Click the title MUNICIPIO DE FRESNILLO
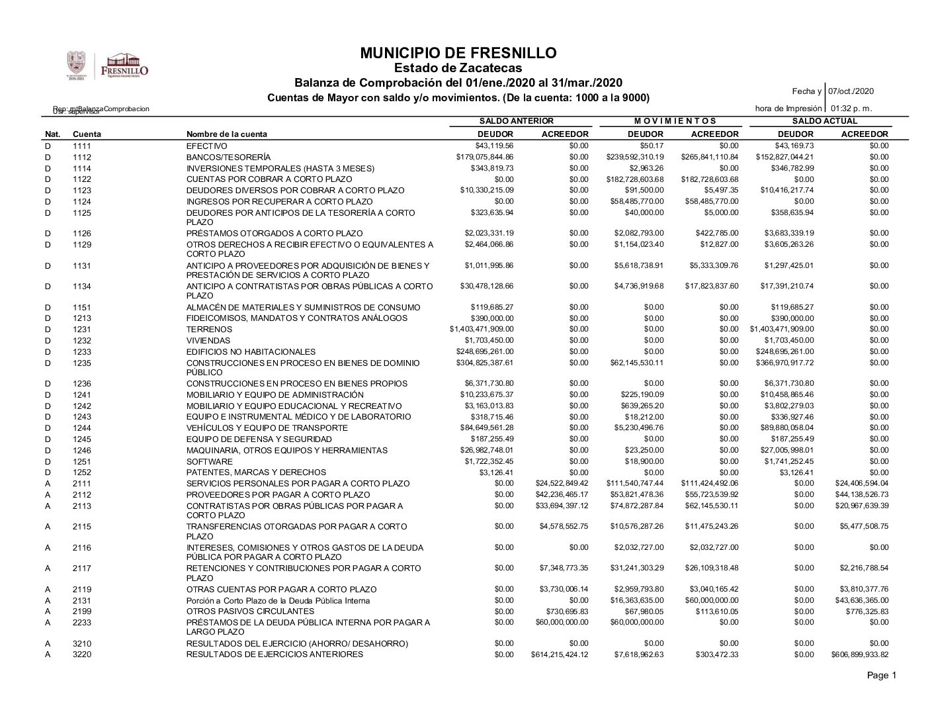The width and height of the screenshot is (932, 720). [x=458, y=53]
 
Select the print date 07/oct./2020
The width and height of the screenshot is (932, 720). [x=852, y=91]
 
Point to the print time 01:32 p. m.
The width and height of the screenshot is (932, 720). [x=852, y=108]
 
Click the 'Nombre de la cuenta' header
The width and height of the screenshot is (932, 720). [x=227, y=134]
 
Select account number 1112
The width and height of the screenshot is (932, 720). [x=82, y=157]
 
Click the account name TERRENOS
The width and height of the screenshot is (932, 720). [x=209, y=330]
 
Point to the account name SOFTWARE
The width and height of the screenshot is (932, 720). [x=209, y=462]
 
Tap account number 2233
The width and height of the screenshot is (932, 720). [x=82, y=623]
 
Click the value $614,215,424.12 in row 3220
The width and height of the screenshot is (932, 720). [x=559, y=655]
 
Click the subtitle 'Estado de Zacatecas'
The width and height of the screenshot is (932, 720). [x=458, y=68]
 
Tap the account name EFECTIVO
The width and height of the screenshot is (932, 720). [x=206, y=146]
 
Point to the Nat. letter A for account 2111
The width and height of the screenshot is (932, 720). [x=48, y=484]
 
